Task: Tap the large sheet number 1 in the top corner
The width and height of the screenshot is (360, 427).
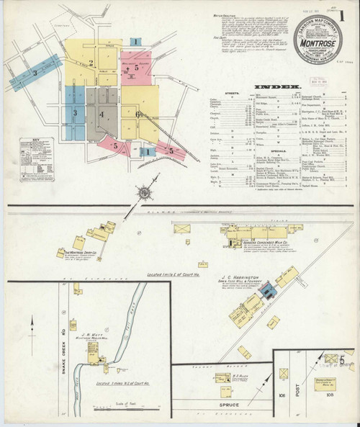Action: coord(346,15)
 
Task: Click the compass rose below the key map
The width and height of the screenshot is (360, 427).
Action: coord(144,192)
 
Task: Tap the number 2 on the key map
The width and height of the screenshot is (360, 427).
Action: coord(91,63)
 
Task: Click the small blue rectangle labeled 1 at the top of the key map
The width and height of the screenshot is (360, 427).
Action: coord(135,42)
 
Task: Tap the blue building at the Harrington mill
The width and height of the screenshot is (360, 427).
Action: coord(267,290)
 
